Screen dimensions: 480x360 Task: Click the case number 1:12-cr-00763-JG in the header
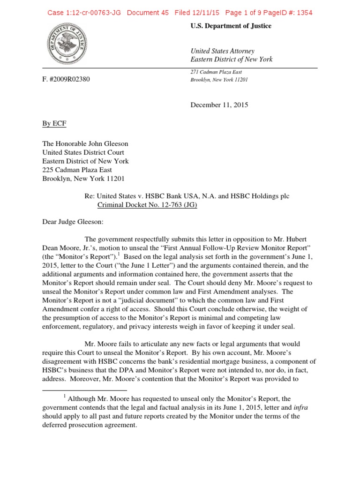(x=84, y=13)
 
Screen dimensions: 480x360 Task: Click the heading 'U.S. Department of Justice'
(x=231, y=26)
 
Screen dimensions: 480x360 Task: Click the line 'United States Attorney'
(x=222, y=51)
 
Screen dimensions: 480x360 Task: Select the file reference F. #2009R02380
(x=66, y=79)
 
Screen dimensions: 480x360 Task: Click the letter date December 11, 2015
(x=219, y=105)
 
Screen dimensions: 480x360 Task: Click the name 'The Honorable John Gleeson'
(x=85, y=144)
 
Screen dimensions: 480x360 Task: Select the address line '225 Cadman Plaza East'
(x=78, y=170)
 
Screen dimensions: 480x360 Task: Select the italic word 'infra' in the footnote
(x=300, y=408)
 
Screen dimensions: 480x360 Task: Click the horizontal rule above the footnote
(x=84, y=390)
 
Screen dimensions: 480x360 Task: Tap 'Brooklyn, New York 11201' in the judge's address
(x=83, y=179)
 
